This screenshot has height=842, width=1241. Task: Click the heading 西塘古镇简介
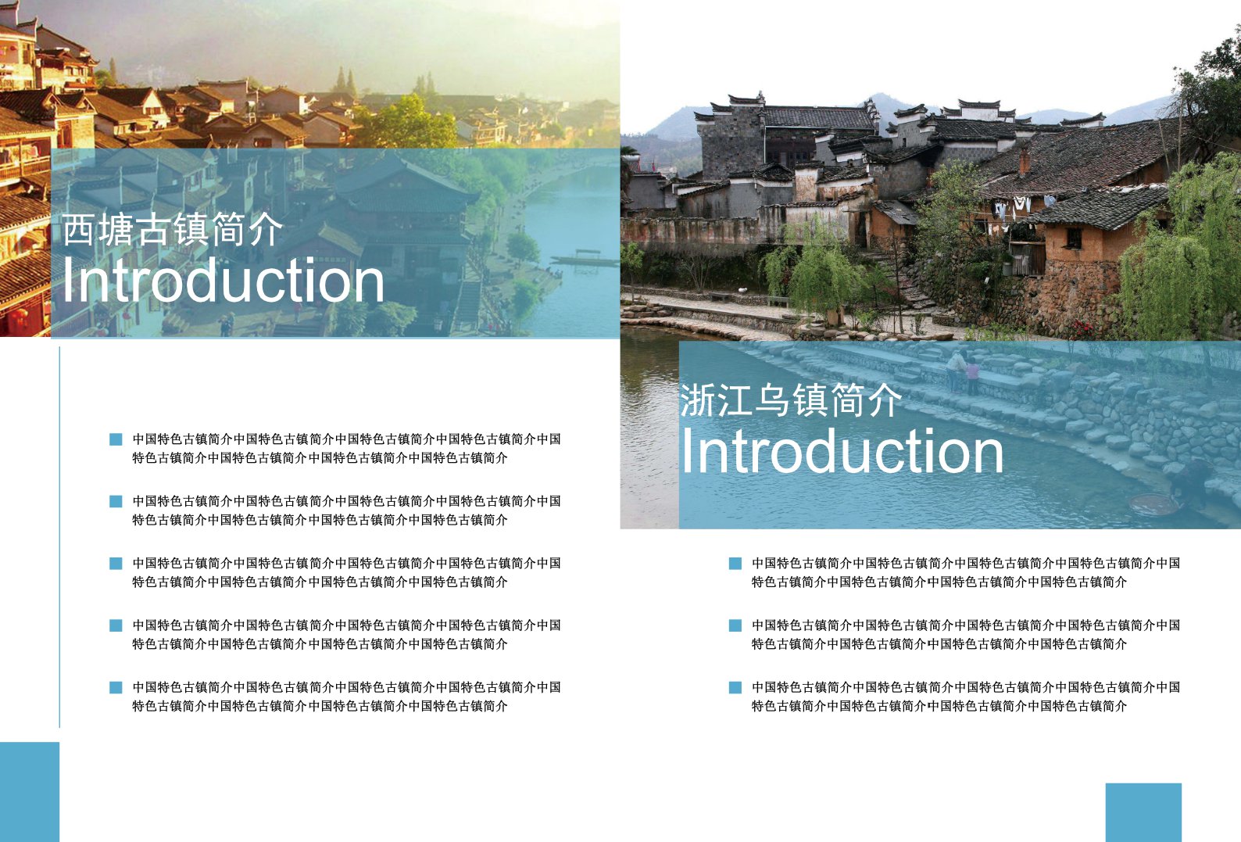pyautogui.click(x=172, y=229)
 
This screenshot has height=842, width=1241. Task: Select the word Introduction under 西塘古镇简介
pyautogui.click(x=223, y=281)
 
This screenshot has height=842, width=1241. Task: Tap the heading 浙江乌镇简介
pyautogui.click(x=791, y=400)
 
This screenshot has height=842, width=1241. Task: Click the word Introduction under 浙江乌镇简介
pyautogui.click(x=842, y=450)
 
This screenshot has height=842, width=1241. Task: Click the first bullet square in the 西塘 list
pyautogui.click(x=116, y=439)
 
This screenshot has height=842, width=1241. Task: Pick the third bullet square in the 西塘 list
pyautogui.click(x=116, y=564)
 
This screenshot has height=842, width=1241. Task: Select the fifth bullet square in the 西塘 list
pyautogui.click(x=116, y=688)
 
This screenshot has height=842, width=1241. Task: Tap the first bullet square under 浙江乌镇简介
pyautogui.click(x=735, y=564)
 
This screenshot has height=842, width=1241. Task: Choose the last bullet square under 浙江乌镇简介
pyautogui.click(x=735, y=688)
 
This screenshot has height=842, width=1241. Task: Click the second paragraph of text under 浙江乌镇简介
pyautogui.click(x=966, y=634)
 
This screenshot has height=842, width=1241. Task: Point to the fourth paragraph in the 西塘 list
pyautogui.click(x=346, y=634)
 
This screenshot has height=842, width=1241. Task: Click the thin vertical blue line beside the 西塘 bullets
pyautogui.click(x=59, y=537)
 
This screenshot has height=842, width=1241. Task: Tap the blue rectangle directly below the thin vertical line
pyautogui.click(x=30, y=792)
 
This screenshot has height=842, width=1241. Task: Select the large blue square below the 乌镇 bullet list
pyautogui.click(x=1143, y=812)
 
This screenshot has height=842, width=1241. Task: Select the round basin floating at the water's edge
pyautogui.click(x=1153, y=504)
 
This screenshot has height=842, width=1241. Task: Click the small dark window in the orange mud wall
pyautogui.click(x=1074, y=238)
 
